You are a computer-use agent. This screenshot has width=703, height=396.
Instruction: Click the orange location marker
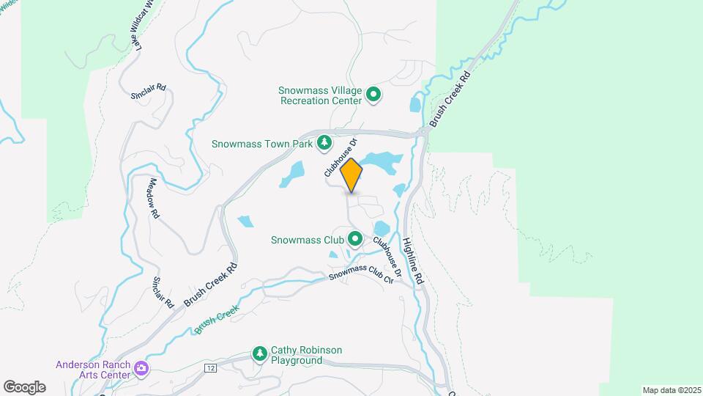pos(351,175)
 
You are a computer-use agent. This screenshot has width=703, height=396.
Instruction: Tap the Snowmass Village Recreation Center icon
pos(373,94)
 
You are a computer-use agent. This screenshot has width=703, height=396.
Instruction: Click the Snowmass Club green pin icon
pos(355,238)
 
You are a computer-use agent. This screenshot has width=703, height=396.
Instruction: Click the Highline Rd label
pos(413,260)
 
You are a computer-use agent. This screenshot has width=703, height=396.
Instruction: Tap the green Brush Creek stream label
pos(217,321)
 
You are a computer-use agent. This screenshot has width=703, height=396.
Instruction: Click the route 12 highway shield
pos(211,367)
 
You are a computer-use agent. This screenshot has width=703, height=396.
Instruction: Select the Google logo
pos(24,386)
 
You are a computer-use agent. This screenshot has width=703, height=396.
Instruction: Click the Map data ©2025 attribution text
pos(671,390)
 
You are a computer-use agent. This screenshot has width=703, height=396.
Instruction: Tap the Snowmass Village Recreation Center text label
pos(320,95)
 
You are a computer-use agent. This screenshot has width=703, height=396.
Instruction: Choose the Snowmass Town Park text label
pos(262,144)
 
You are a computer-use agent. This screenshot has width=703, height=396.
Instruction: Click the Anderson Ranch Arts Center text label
pos(93,370)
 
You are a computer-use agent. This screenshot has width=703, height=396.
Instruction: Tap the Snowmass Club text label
pos(308,239)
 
